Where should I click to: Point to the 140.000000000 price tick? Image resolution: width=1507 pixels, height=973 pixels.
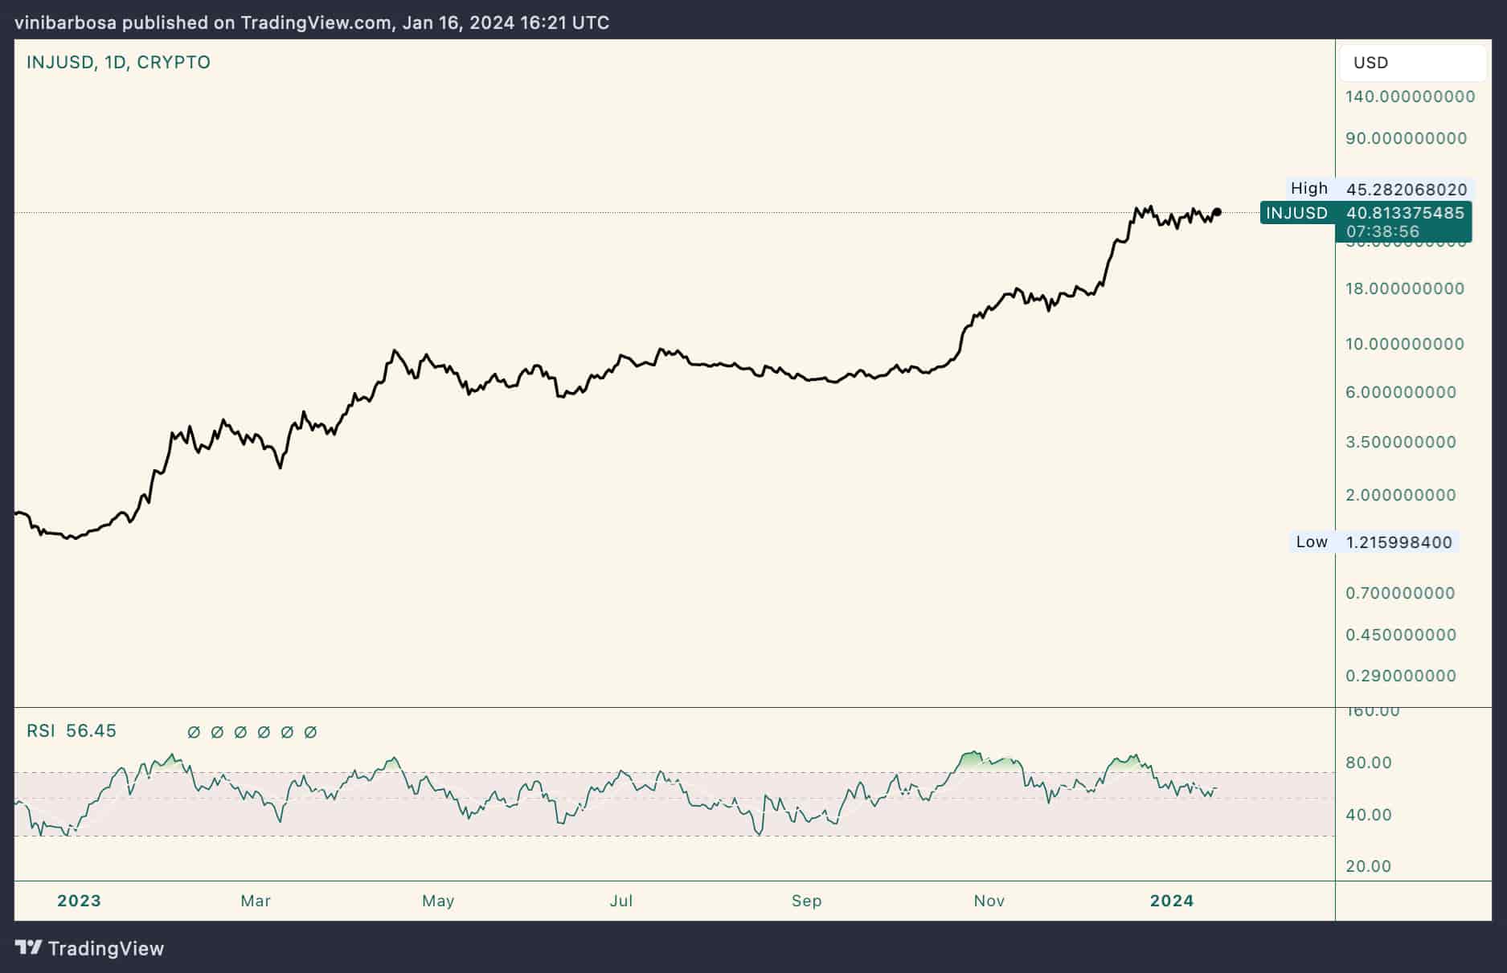pyautogui.click(x=1411, y=96)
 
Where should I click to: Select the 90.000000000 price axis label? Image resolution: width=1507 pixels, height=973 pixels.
pyautogui.click(x=1407, y=138)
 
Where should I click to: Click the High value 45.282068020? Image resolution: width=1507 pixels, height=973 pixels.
pyautogui.click(x=1407, y=190)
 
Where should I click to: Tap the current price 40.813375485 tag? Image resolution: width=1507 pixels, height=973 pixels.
pyautogui.click(x=1405, y=213)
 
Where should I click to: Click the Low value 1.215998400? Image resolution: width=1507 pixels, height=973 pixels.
pyautogui.click(x=1399, y=542)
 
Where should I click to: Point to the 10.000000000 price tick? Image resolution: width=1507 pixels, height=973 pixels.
pyautogui.click(x=1405, y=344)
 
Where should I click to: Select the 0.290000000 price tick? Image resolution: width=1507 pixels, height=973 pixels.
pyautogui.click(x=1401, y=676)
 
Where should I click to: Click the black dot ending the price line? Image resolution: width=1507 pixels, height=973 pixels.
pyautogui.click(x=1217, y=212)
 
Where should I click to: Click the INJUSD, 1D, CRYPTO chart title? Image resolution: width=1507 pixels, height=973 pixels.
pyautogui.click(x=118, y=62)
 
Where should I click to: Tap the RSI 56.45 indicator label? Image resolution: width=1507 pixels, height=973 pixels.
pyautogui.click(x=72, y=731)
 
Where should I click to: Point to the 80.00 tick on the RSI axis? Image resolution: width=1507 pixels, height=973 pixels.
pyautogui.click(x=1369, y=762)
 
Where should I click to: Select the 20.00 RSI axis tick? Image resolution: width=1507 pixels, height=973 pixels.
pyautogui.click(x=1369, y=866)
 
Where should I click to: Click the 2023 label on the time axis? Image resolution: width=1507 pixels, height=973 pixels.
pyautogui.click(x=79, y=901)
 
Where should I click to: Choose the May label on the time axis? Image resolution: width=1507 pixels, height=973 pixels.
pyautogui.click(x=438, y=901)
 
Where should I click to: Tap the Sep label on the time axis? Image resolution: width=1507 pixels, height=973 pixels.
pyautogui.click(x=806, y=901)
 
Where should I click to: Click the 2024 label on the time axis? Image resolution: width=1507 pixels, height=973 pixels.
pyautogui.click(x=1172, y=901)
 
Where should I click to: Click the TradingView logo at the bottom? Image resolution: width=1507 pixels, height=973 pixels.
pyautogui.click(x=90, y=949)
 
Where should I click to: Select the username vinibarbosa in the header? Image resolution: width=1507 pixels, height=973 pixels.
pyautogui.click(x=65, y=22)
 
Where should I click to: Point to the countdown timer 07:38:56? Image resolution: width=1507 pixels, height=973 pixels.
pyautogui.click(x=1382, y=231)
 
